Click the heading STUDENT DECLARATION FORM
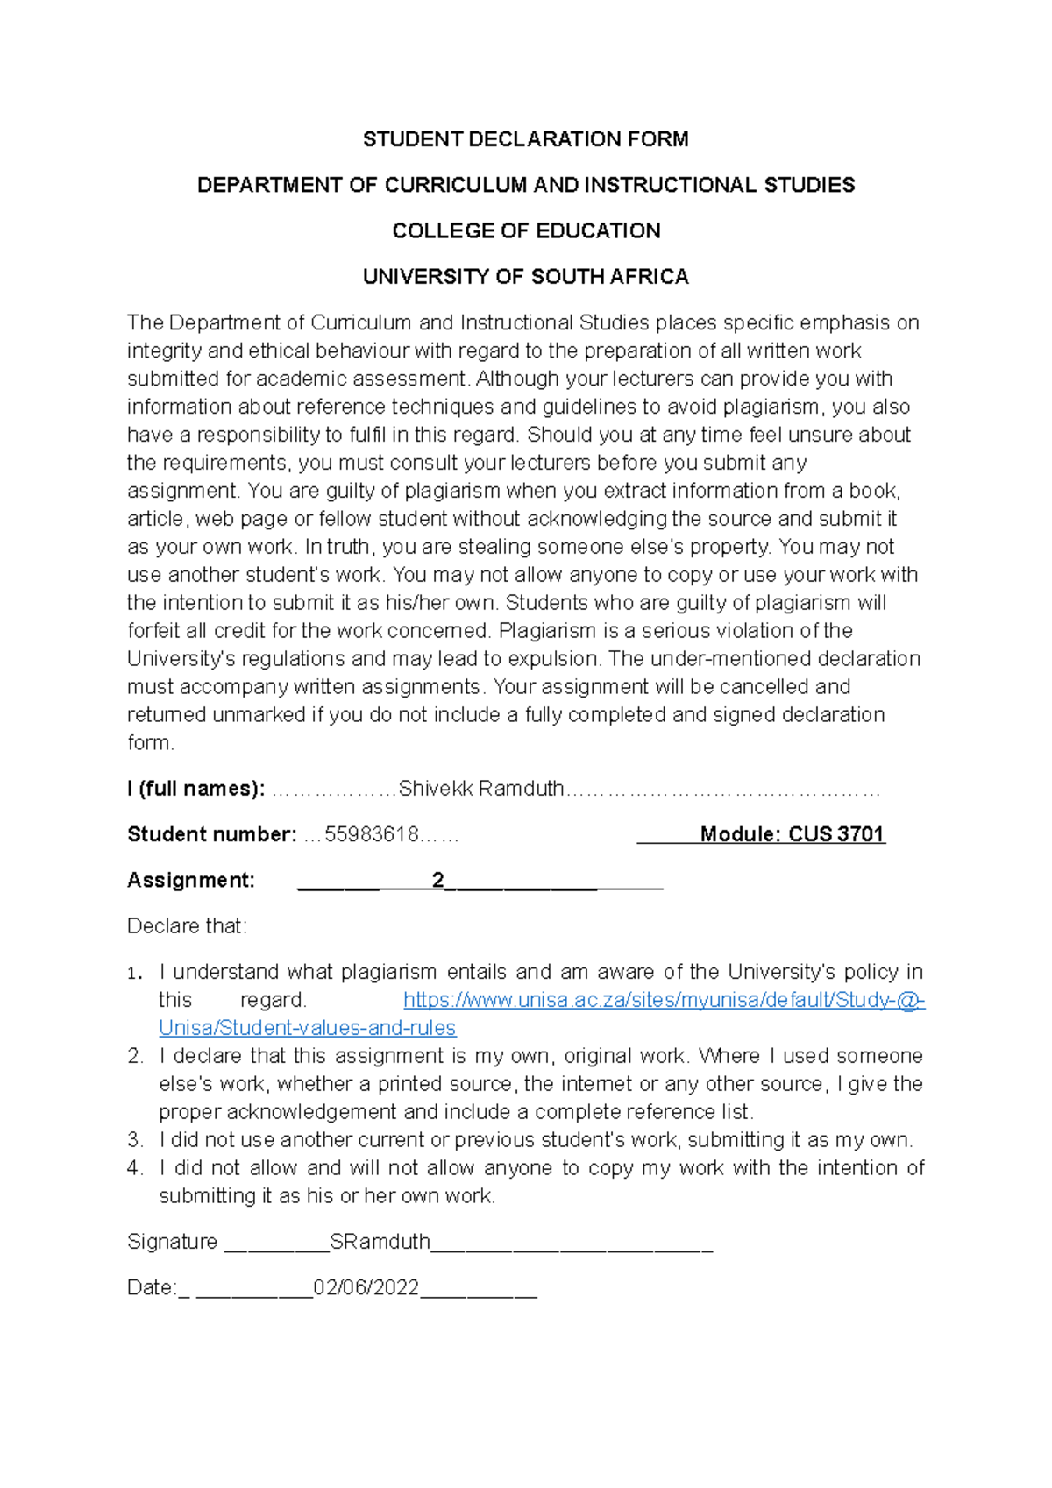coord(525,139)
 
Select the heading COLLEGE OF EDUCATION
coord(526,230)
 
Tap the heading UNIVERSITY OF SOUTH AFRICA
coord(525,277)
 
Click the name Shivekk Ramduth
coord(480,789)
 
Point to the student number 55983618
coord(372,834)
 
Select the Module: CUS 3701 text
coord(792,834)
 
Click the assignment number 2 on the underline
coord(437,880)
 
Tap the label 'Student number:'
coord(211,834)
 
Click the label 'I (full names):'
coord(195,789)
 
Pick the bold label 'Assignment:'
coord(190,880)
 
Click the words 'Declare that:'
coord(187,926)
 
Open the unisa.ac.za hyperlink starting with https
coord(664,1000)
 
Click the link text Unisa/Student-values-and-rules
coord(307,1028)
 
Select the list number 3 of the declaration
coord(134,1140)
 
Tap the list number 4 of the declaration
coord(134,1168)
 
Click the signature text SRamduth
coord(380,1242)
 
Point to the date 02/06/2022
coord(366,1287)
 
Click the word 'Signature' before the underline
coord(172,1242)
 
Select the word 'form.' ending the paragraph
coord(151,743)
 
